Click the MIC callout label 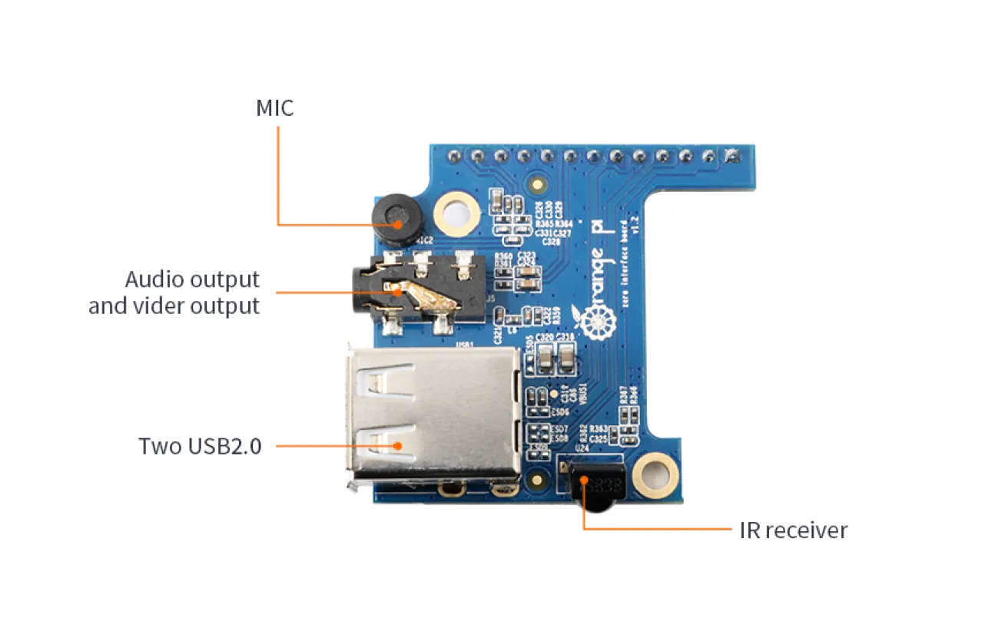coord(274,108)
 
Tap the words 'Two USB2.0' coord(200,446)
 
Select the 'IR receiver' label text coord(793,530)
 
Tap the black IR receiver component coord(599,488)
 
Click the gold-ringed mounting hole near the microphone coord(456,213)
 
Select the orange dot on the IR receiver coord(584,481)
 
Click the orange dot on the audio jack coord(397,292)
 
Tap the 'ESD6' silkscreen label coord(549,411)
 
